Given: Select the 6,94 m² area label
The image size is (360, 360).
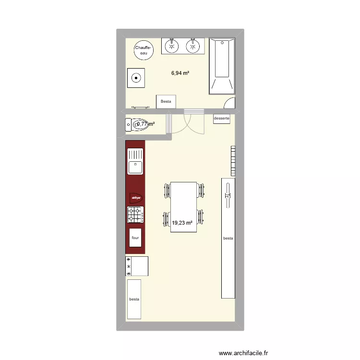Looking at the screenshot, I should click(x=180, y=73).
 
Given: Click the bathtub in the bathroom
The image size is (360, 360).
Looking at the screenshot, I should click(x=222, y=66).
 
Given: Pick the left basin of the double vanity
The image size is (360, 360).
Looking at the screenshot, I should click(x=171, y=46).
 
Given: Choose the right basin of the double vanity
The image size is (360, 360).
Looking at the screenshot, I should click(x=193, y=46).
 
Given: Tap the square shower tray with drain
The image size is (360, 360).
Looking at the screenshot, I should click(x=136, y=77).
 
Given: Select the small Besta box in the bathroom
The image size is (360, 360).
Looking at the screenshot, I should click(x=166, y=101).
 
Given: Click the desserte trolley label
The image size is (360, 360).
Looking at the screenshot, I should click(x=222, y=119).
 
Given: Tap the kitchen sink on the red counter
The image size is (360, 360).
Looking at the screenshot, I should click(x=135, y=161).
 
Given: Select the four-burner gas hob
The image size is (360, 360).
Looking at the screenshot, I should click(x=135, y=215).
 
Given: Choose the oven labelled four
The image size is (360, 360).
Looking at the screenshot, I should click(x=135, y=238).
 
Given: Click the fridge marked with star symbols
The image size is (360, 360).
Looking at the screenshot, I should click(x=137, y=266).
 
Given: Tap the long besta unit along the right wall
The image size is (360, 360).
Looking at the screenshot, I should click(x=228, y=238).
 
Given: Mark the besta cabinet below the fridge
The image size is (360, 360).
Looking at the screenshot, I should click(x=134, y=299).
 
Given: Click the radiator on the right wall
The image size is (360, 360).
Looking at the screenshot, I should click(x=233, y=161).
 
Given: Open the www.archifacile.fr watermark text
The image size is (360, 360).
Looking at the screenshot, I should click(x=243, y=352).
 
